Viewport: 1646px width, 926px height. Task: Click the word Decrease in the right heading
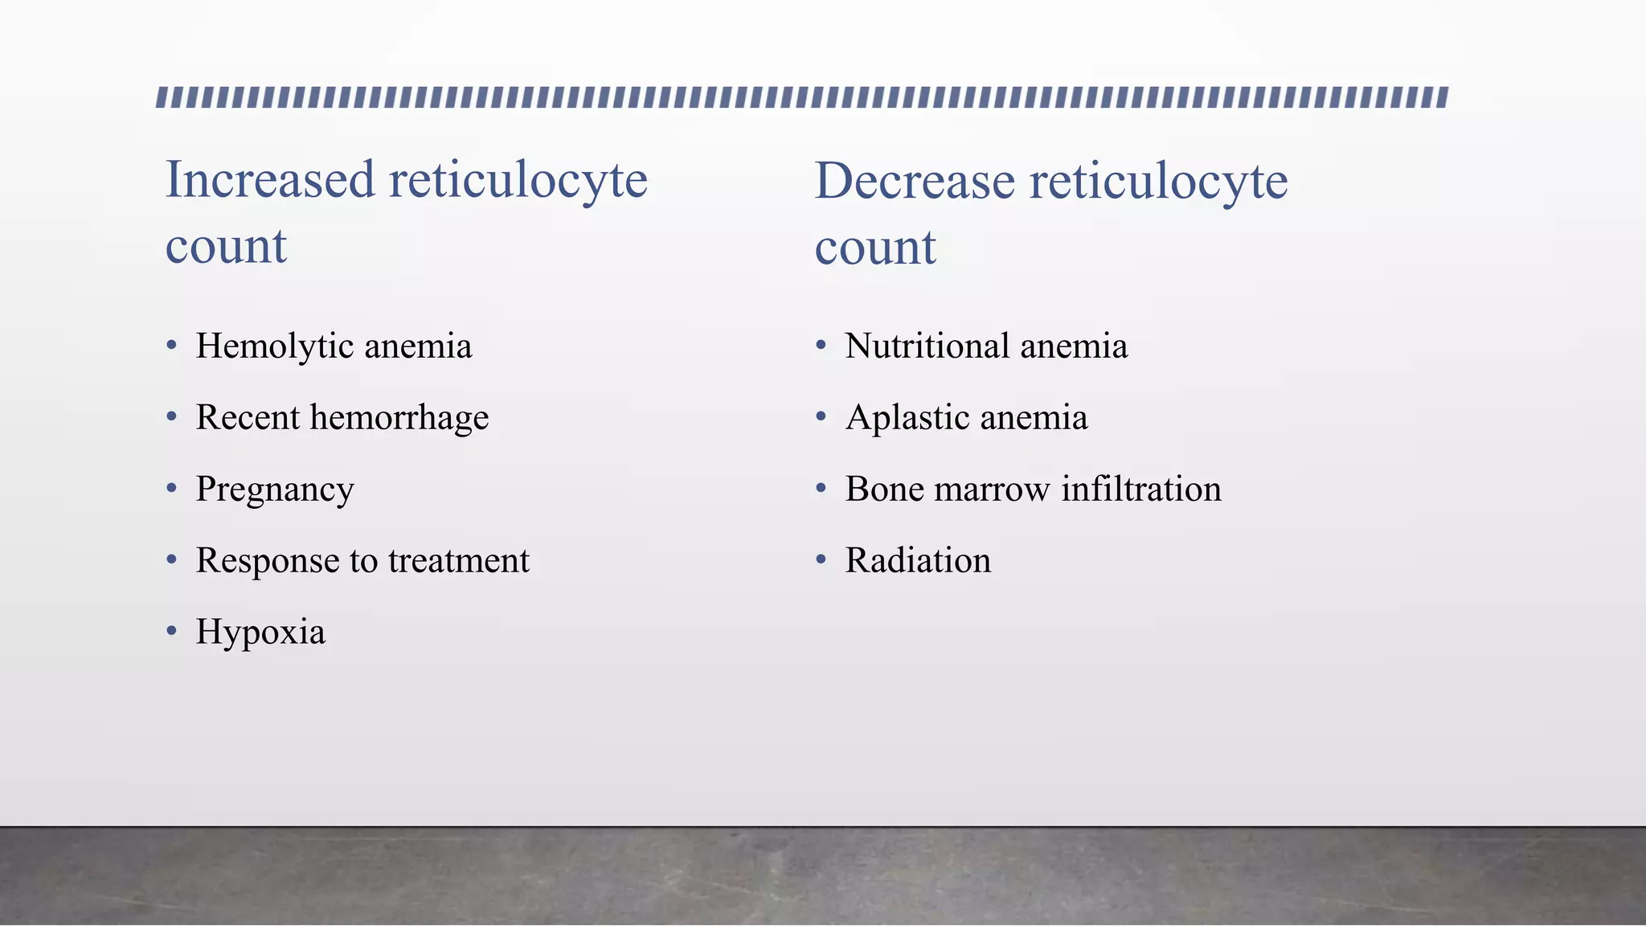[x=915, y=181]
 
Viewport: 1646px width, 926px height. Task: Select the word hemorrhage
[x=399, y=418]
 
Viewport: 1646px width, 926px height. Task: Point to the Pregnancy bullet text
[x=274, y=490]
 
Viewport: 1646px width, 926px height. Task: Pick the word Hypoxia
[x=260, y=633]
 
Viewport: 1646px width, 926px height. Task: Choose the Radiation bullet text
[x=918, y=561]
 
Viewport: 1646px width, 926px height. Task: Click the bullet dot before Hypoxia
[x=171, y=631]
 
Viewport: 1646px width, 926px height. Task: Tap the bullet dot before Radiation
[x=821, y=559]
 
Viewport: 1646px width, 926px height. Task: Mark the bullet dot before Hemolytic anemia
[x=171, y=346]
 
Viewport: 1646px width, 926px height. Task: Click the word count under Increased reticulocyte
[x=226, y=246]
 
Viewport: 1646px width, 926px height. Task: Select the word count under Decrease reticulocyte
[x=875, y=248]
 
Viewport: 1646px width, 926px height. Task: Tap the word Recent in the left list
[x=247, y=418]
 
